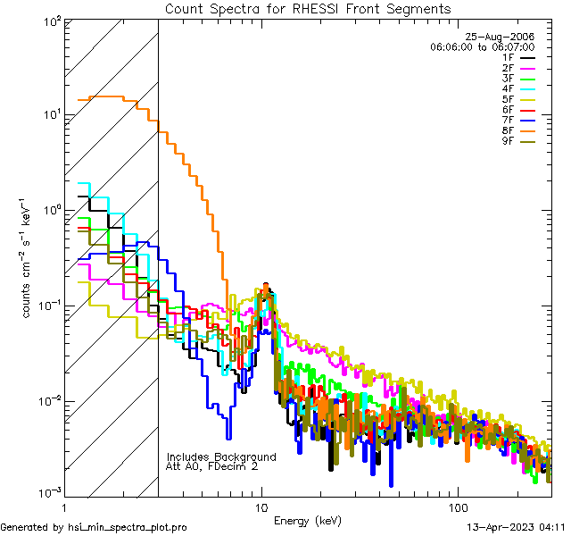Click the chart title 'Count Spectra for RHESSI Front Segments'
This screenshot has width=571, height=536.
308,8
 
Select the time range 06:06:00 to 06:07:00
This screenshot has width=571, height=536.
482,46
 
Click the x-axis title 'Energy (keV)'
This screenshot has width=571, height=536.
307,520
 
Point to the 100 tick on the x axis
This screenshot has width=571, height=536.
458,507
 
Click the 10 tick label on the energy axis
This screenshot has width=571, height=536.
261,507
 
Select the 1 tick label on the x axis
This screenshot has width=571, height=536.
64,507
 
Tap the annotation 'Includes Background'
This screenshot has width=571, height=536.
221,456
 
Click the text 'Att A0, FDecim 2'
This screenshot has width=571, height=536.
212,466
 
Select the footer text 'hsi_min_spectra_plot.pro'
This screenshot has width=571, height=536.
128,527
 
